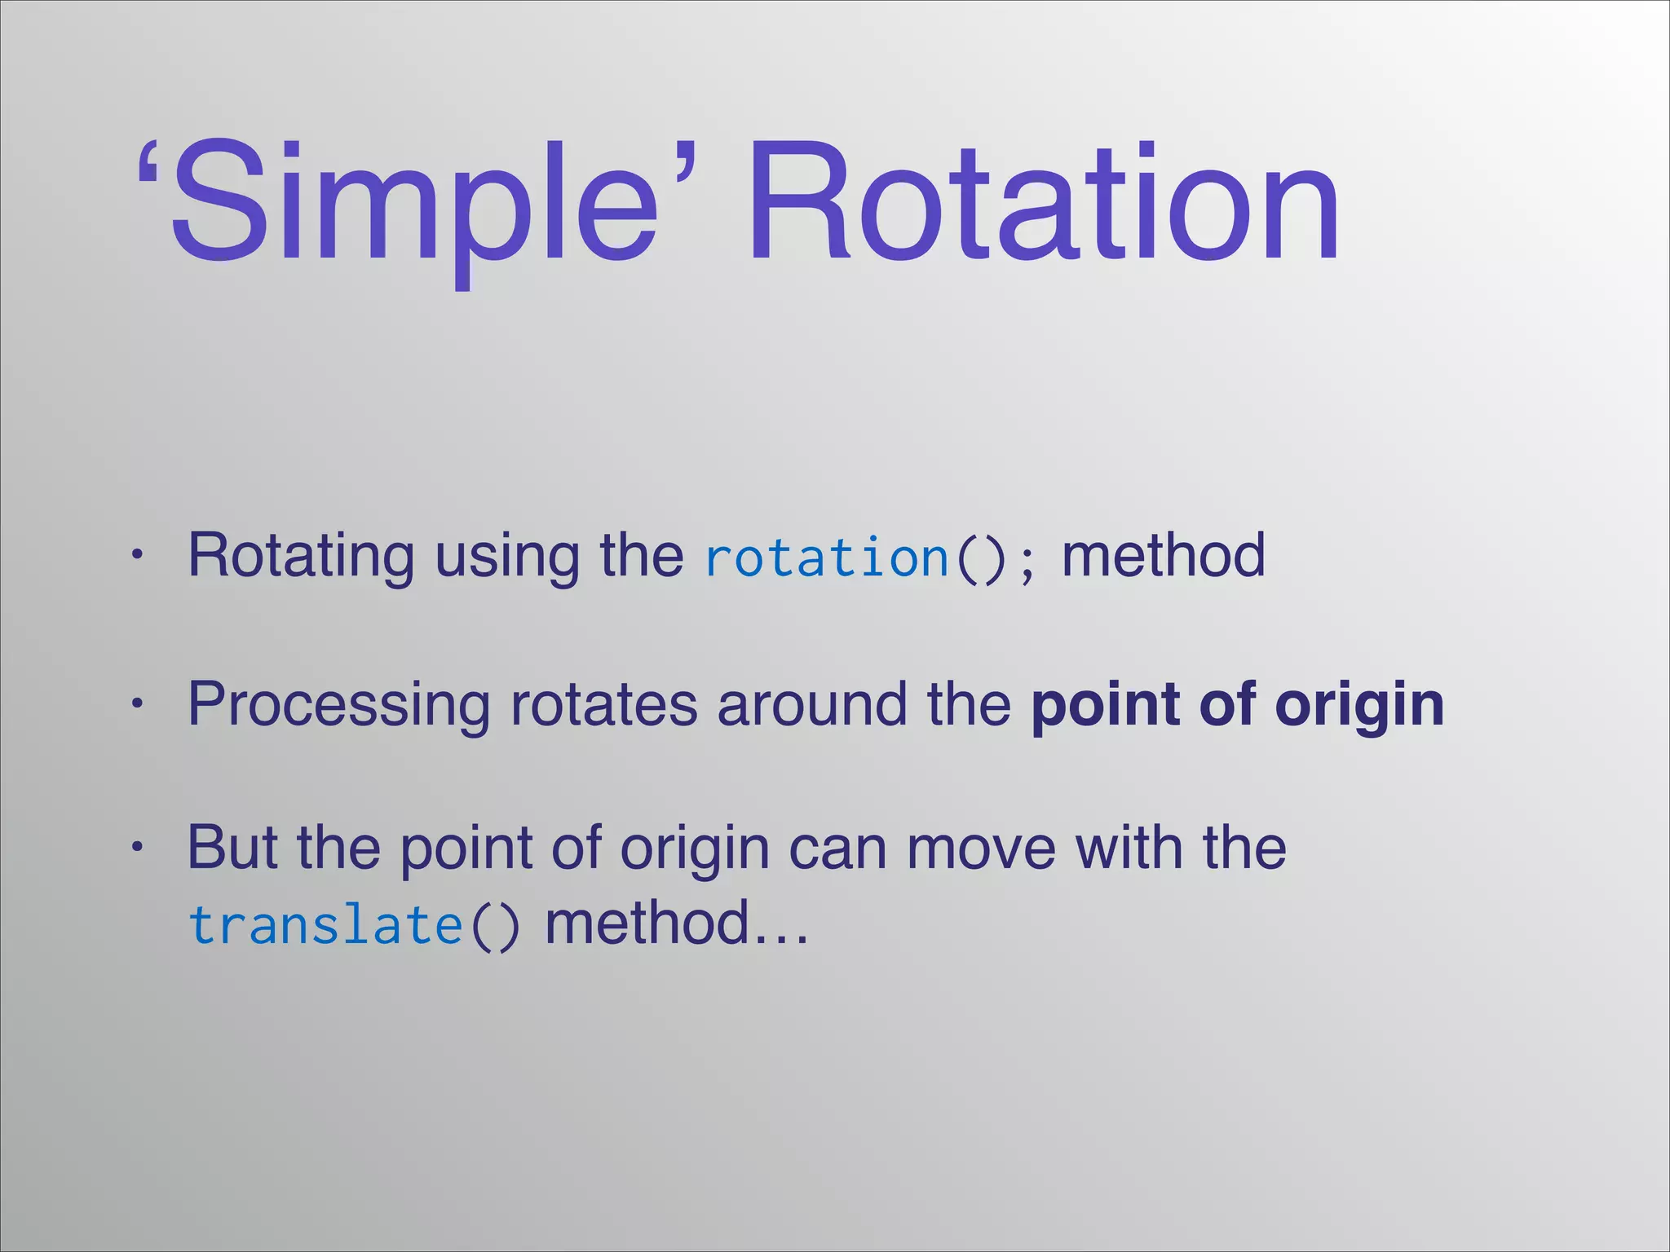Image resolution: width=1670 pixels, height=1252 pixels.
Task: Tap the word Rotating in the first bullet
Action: tap(301, 556)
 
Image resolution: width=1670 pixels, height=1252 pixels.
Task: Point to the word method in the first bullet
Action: tap(1164, 556)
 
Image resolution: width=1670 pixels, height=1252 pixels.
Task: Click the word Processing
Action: tap(338, 705)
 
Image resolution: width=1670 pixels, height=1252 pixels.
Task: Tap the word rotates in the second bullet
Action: tap(603, 705)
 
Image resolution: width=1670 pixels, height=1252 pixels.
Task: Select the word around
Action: tap(811, 705)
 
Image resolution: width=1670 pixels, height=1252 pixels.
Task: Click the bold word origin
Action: tap(1359, 705)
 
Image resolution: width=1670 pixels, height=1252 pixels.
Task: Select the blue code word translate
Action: tap(326, 926)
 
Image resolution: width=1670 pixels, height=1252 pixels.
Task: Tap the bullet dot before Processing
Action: tap(138, 703)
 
